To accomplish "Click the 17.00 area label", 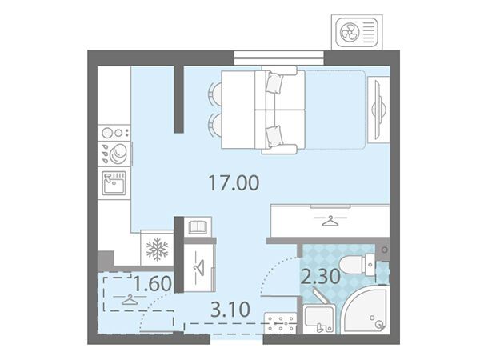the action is click(234, 182).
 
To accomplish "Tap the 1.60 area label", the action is click(153, 283).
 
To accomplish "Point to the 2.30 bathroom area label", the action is click(321, 276).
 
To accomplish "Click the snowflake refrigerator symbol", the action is click(157, 249).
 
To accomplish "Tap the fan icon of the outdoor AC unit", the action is click(350, 31).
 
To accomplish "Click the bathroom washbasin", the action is click(318, 318).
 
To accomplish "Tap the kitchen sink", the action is click(114, 183).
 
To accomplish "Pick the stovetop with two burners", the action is click(114, 133).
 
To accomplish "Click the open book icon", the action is click(198, 227).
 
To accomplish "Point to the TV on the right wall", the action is click(378, 110).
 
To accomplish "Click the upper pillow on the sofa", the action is click(274, 82).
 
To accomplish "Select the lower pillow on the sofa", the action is click(274, 136).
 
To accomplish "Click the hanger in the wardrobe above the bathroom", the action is click(330, 220).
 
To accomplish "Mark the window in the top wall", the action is click(279, 58).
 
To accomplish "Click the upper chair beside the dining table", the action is click(215, 94).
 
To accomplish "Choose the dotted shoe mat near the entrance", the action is click(281, 322).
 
